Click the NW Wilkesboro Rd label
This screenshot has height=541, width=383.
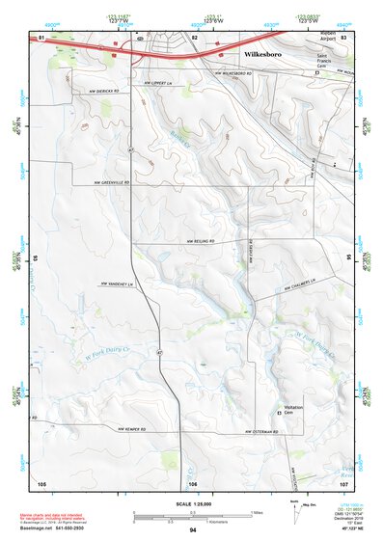coord(236,71)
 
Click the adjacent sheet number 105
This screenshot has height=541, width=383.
coord(41,482)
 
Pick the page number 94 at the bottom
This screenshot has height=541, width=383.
coord(193,530)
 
